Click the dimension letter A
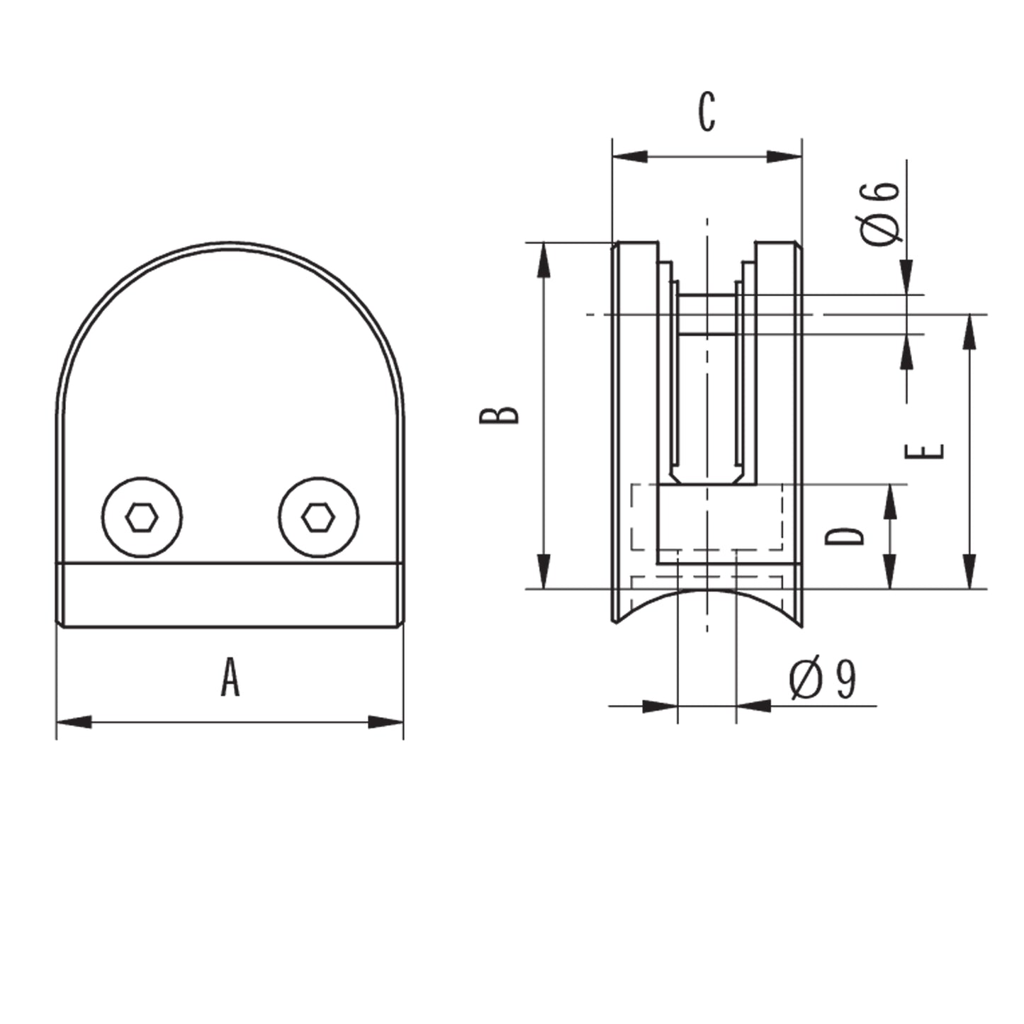click(x=230, y=677)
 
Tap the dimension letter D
click(x=844, y=536)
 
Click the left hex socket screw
click(x=142, y=517)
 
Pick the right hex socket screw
click(x=318, y=517)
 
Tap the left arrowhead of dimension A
click(x=74, y=722)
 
